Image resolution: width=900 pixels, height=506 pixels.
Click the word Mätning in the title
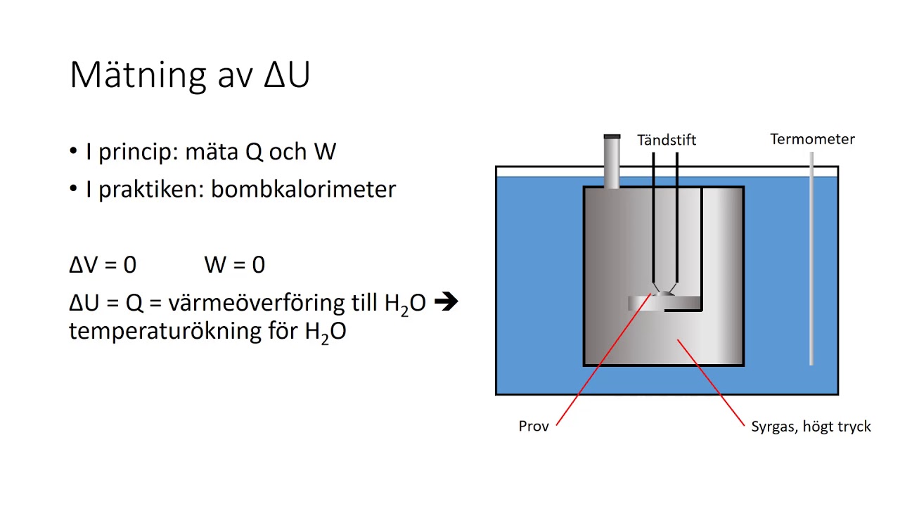pyautogui.click(x=139, y=74)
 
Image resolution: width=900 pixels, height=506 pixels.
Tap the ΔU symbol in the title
pyautogui.click(x=287, y=74)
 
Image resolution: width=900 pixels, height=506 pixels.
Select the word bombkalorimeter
pyautogui.click(x=303, y=189)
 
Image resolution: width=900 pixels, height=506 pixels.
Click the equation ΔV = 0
pyautogui.click(x=103, y=265)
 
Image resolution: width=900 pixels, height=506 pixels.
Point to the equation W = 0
pyautogui.click(x=234, y=265)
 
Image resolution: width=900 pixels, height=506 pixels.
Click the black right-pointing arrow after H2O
pyautogui.click(x=446, y=302)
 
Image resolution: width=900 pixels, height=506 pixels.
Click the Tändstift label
pyautogui.click(x=666, y=140)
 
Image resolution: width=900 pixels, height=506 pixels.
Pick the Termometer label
pyautogui.click(x=812, y=139)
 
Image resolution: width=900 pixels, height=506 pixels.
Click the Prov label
pyautogui.click(x=533, y=426)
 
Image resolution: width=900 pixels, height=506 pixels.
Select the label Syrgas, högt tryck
pyautogui.click(x=811, y=427)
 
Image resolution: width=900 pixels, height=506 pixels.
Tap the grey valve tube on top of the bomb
pyautogui.click(x=612, y=163)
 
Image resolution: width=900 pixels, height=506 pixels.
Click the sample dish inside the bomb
pyautogui.click(x=664, y=302)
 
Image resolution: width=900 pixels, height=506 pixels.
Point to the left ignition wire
pyautogui.click(x=653, y=218)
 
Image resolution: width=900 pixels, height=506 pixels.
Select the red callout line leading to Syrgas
pyautogui.click(x=710, y=383)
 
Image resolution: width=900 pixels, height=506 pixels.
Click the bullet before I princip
pyautogui.click(x=74, y=152)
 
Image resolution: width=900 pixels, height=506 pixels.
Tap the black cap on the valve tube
pyautogui.click(x=612, y=136)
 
